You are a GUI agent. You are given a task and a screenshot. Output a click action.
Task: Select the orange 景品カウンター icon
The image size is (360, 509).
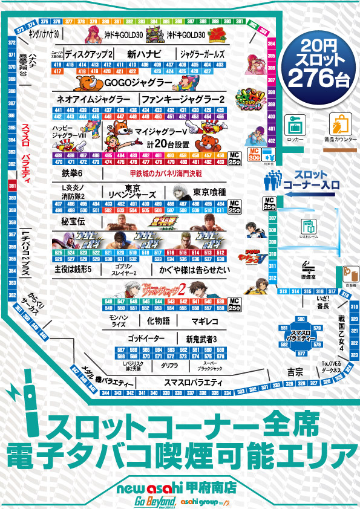[338, 124]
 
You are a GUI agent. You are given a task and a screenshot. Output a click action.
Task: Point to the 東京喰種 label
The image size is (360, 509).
[209, 192]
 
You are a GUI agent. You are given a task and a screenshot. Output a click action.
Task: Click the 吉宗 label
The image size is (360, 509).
[295, 370]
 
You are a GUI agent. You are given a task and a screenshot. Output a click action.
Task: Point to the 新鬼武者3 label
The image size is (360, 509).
[201, 339]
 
